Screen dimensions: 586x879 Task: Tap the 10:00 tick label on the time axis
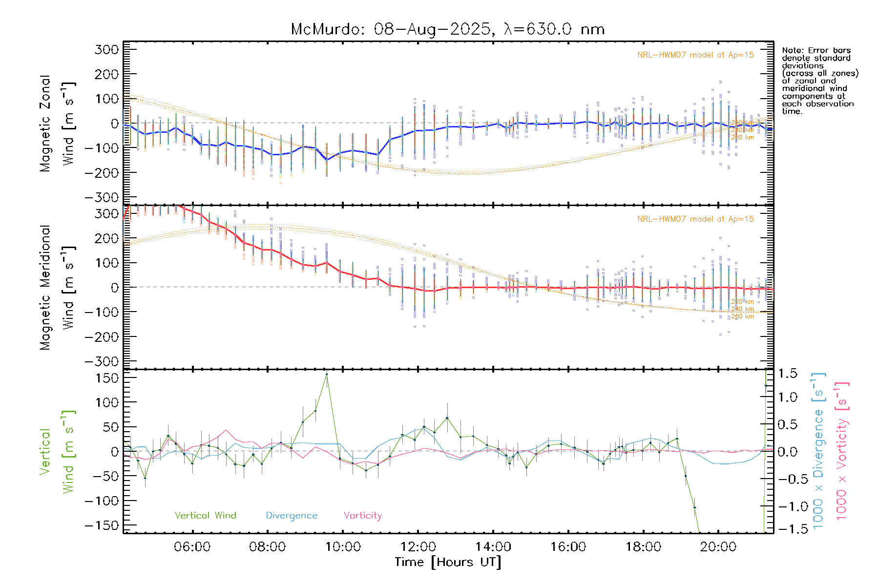(x=343, y=547)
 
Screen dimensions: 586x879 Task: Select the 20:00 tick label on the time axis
(x=718, y=547)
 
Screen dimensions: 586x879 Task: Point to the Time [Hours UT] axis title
(x=448, y=562)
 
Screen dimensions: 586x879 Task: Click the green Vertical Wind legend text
(x=205, y=516)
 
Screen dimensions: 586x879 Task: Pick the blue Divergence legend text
(x=292, y=516)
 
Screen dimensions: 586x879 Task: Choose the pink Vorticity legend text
(x=362, y=516)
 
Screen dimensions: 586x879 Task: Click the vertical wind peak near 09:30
(x=327, y=375)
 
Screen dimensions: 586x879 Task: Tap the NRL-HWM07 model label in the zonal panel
(x=695, y=55)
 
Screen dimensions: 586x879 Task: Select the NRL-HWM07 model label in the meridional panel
(x=695, y=219)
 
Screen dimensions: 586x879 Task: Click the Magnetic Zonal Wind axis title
(x=58, y=123)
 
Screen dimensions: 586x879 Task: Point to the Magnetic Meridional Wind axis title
(x=58, y=287)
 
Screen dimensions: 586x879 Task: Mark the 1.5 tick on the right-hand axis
(x=788, y=374)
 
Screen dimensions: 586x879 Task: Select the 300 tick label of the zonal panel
(x=107, y=49)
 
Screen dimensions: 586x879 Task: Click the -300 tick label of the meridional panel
(x=102, y=361)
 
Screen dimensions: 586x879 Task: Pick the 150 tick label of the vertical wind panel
(x=107, y=378)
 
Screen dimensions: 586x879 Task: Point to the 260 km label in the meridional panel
(x=742, y=316)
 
